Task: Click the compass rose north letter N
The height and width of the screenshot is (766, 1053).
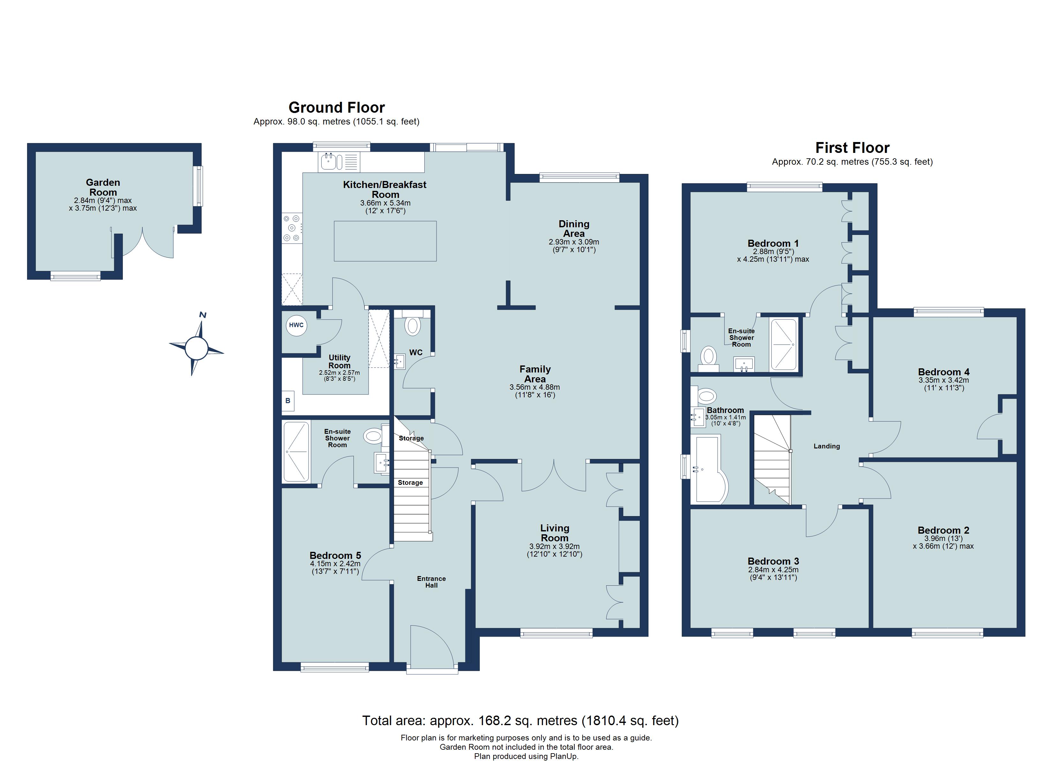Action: pyautogui.click(x=203, y=315)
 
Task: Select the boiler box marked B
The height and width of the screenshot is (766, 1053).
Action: pyautogui.click(x=288, y=401)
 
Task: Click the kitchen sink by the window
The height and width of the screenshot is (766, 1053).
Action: pyautogui.click(x=331, y=161)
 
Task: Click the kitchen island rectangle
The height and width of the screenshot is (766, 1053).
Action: pyautogui.click(x=385, y=241)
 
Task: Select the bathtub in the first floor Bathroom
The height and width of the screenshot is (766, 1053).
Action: pyautogui.click(x=709, y=469)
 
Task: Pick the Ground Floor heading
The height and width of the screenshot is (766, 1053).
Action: pyautogui.click(x=337, y=108)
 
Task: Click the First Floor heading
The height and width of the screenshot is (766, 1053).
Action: pyautogui.click(x=852, y=148)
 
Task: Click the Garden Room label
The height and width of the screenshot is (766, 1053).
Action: pyautogui.click(x=103, y=187)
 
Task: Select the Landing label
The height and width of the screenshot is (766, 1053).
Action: pyautogui.click(x=827, y=446)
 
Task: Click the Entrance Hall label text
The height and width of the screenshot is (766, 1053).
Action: pyautogui.click(x=431, y=582)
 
